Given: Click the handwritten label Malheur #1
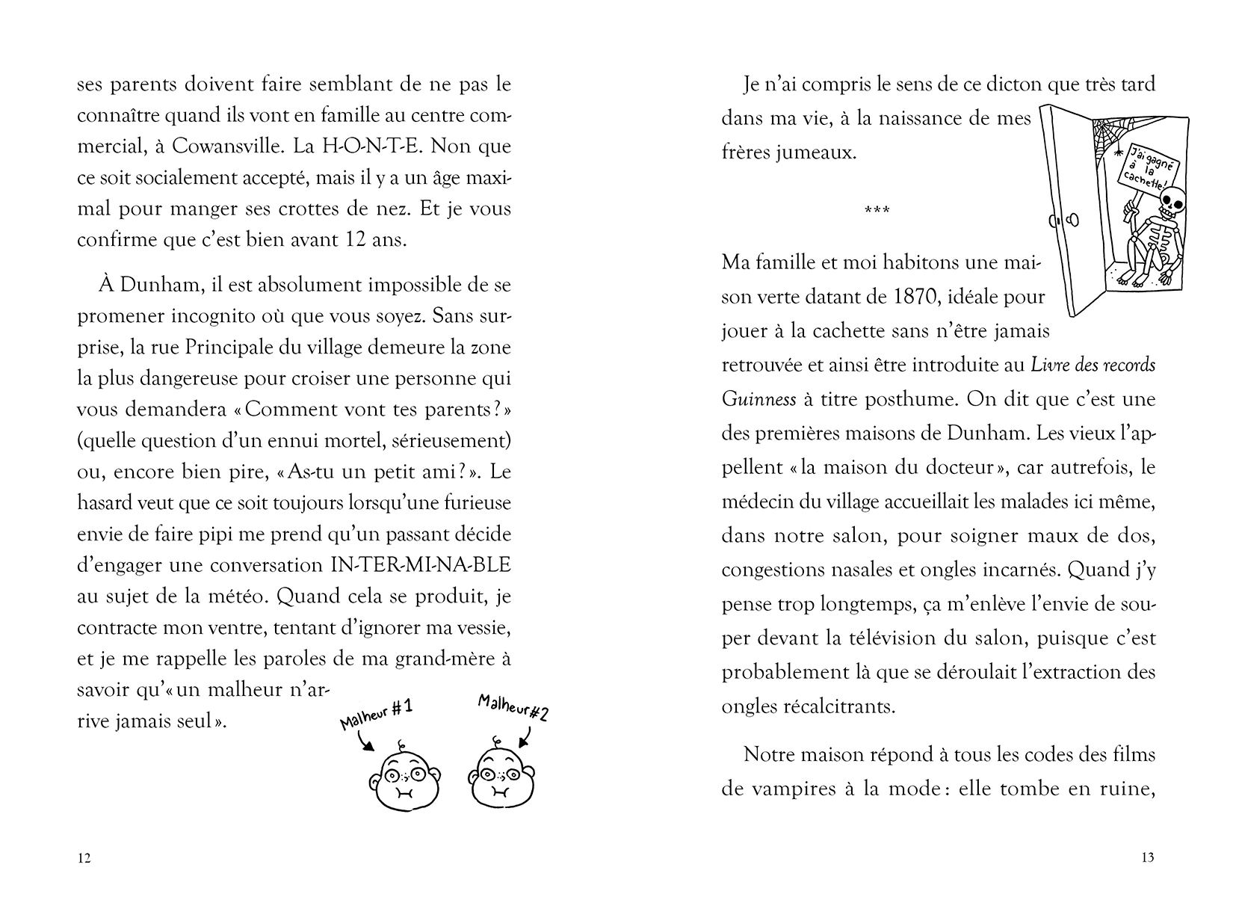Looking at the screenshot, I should (x=377, y=712).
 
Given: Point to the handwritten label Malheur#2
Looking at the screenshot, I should (x=513, y=707).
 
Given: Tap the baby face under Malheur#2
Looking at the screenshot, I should (x=500, y=777).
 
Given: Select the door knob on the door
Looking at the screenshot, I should (x=1074, y=221).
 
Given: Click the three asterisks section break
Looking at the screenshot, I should (x=876, y=210).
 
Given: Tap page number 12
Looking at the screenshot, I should (x=84, y=858).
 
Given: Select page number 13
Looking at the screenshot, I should (x=1148, y=858).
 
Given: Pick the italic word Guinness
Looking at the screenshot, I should (x=758, y=399).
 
